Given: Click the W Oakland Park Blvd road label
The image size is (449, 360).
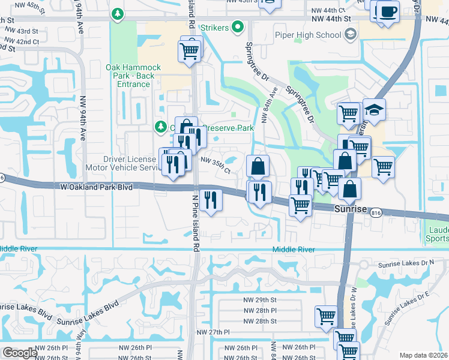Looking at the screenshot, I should pos(96,187).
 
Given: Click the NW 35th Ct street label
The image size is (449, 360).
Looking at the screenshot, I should pos(216,165).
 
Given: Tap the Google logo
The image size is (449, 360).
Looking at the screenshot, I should pos(20,352).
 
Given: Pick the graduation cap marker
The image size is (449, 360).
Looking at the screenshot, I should pos(374,110).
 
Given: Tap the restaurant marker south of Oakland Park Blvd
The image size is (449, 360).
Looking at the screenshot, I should pos(210,200).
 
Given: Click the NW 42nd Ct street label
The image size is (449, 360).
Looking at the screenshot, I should pos(24,42).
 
